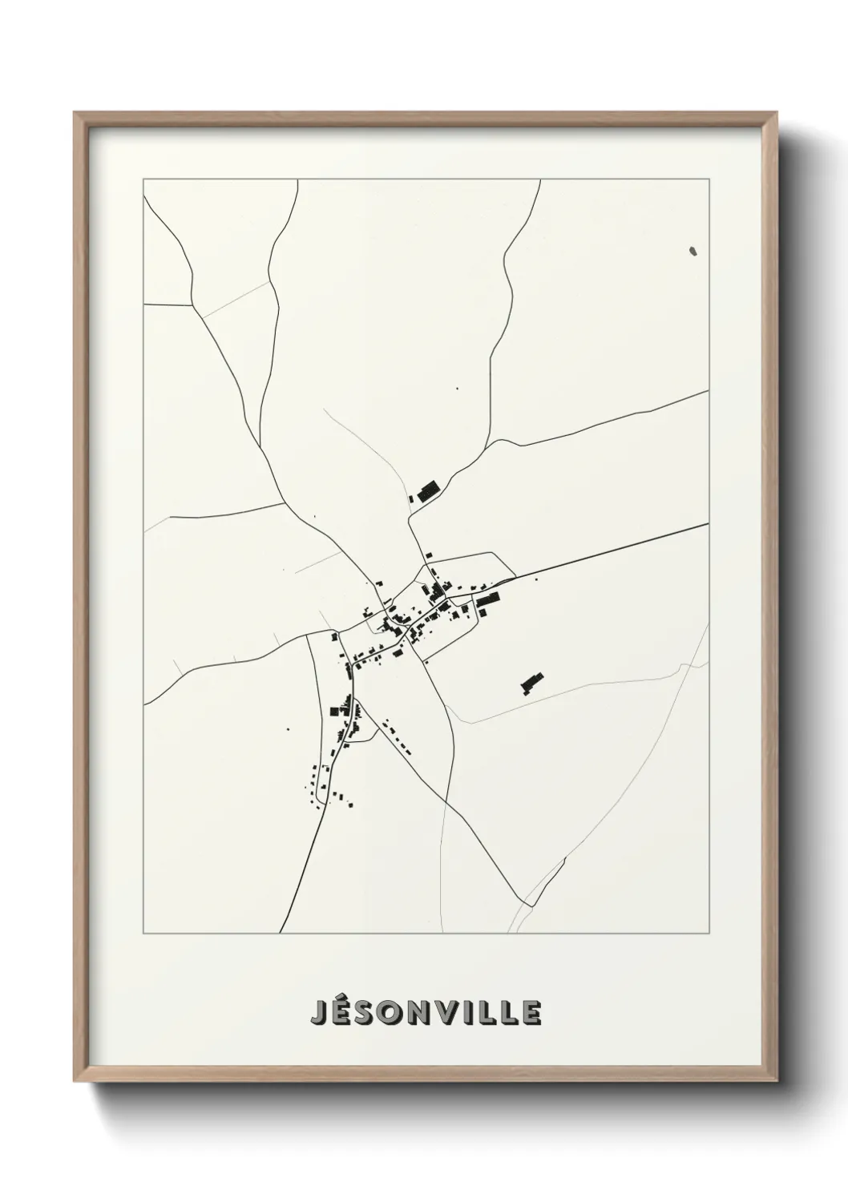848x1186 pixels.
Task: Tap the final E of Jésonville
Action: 531,1013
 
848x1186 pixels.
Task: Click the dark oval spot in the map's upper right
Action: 693,251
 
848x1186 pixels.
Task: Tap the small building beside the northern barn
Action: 412,498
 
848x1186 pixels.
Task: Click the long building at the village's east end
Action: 487,599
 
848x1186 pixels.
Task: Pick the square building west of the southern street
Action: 333,710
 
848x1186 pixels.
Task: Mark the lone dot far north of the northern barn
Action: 458,389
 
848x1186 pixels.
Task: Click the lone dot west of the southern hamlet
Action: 289,729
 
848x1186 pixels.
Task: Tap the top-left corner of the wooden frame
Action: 75,113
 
